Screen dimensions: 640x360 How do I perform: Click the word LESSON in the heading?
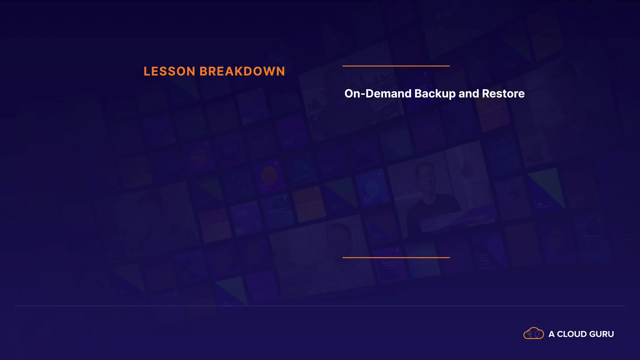click(169, 71)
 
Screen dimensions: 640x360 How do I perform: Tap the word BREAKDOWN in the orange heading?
click(242, 71)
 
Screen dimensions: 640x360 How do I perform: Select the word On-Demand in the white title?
click(378, 94)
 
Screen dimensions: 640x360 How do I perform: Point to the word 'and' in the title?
click(469, 94)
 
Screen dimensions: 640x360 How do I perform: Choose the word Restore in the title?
click(503, 94)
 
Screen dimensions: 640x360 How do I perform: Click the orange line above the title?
click(396, 66)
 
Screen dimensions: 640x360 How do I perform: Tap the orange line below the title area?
click(396, 257)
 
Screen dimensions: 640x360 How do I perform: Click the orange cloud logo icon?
click(534, 333)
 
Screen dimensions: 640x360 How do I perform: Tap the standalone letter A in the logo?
click(552, 334)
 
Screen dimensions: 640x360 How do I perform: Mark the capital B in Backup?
click(419, 94)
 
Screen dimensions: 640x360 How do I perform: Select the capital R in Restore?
click(486, 94)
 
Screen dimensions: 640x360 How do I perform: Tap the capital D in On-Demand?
click(370, 94)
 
